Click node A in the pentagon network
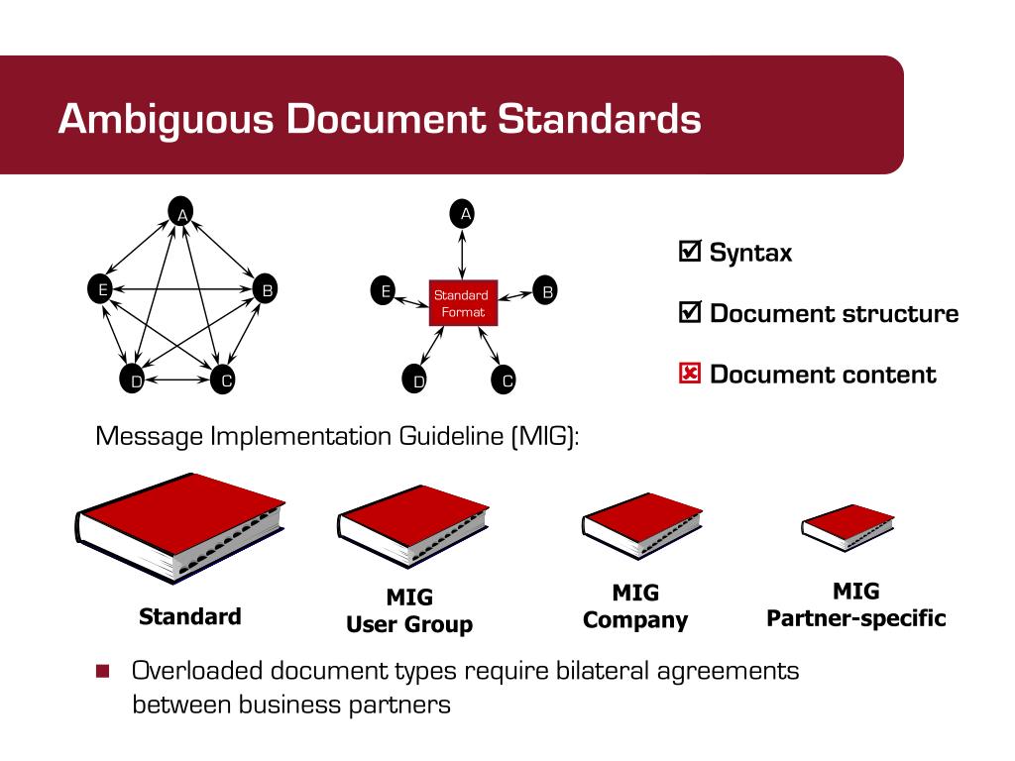coord(181,212)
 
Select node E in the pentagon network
coord(99,290)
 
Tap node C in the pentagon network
coord(224,380)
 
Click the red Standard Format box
coord(462,302)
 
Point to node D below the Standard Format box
coord(417,380)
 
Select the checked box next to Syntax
coord(690,252)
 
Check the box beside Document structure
coord(690,313)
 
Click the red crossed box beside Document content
coord(690,375)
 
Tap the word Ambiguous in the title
coord(163,119)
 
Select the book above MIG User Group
coord(412,525)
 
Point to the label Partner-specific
coord(855,619)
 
